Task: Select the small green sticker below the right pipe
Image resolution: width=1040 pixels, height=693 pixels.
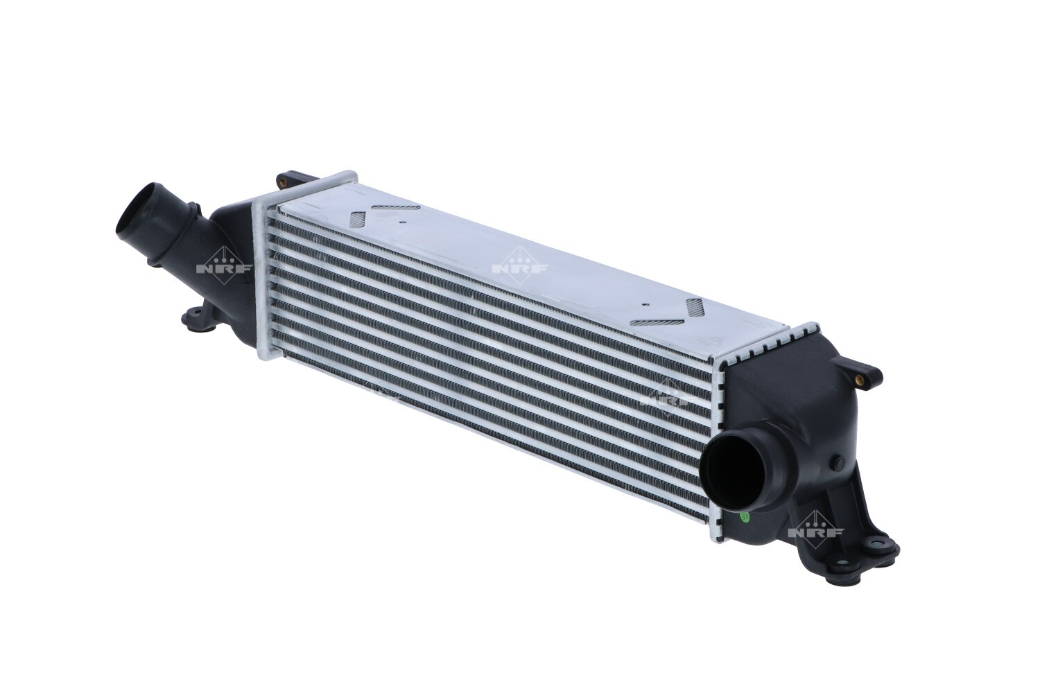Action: click(744, 516)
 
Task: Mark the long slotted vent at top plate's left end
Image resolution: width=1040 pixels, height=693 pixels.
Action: click(395, 207)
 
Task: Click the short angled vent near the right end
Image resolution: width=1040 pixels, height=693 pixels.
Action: click(694, 307)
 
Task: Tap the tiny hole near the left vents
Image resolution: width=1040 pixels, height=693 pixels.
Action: click(402, 222)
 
